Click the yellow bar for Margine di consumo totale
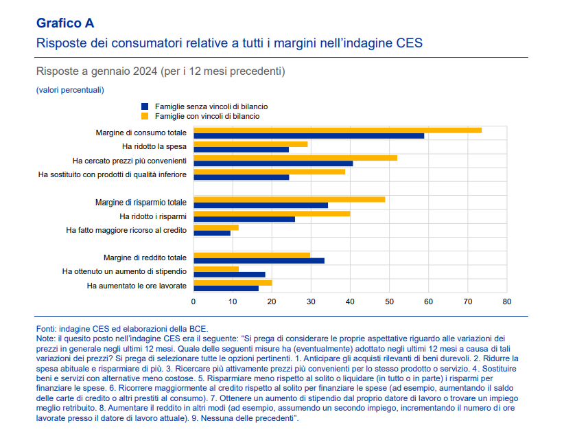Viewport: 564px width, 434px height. [337, 130]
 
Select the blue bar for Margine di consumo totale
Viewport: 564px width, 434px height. [309, 136]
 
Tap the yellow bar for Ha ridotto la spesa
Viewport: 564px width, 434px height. [250, 144]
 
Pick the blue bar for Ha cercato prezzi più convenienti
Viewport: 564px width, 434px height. [273, 163]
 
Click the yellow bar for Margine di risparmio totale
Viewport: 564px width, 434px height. [289, 199]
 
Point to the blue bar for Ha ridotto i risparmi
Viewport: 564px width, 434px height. [244, 219]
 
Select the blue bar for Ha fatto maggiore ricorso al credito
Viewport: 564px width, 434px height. [212, 233]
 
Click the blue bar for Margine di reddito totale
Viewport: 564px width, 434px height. [259, 260]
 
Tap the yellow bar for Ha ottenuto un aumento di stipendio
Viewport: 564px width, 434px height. [216, 269]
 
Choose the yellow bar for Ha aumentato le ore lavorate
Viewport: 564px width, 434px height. [233, 282]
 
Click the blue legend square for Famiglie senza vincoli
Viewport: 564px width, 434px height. [145, 106]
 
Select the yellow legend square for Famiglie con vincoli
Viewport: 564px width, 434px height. [145, 116]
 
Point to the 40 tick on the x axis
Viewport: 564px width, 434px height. [351, 301]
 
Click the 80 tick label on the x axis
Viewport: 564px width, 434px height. [507, 301]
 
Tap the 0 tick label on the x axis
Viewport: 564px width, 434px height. [193, 301]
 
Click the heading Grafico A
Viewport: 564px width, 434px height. [65, 24]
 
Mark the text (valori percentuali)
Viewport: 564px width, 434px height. [69, 90]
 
